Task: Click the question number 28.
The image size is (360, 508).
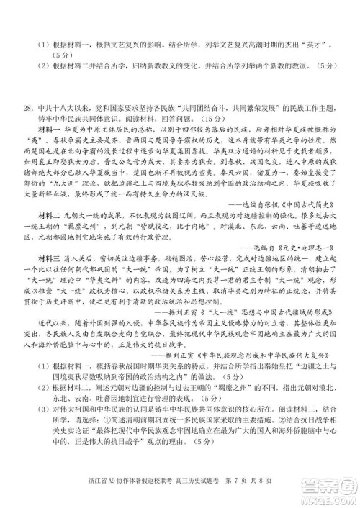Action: point(27,109)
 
